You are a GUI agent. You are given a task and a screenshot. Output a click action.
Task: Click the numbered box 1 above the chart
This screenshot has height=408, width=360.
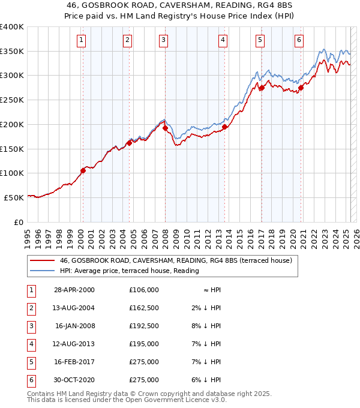coord(82,40)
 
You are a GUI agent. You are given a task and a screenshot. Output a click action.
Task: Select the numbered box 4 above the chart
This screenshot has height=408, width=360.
coord(223,40)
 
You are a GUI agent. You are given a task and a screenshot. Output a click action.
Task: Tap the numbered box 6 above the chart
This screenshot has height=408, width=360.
coord(299,40)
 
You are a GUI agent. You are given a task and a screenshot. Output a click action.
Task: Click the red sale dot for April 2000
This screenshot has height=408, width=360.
coord(83,170)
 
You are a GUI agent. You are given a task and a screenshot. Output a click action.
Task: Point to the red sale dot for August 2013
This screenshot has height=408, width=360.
coord(224,127)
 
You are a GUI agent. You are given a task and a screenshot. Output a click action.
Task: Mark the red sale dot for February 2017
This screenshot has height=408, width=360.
coord(262,88)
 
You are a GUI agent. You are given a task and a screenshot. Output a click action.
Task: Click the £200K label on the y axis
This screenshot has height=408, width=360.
coord(12,124)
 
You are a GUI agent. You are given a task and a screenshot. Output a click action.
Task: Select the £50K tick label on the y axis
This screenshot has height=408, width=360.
coord(14,197)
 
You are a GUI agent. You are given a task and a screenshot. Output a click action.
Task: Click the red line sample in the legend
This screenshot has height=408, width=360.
coord(42,261)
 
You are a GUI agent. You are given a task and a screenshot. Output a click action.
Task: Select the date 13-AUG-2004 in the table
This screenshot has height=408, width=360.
coord(74,309)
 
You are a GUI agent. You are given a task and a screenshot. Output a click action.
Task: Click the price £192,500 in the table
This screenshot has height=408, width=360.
coord(143,326)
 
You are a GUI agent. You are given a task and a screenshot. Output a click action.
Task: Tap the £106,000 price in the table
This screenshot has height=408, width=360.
coord(143,290)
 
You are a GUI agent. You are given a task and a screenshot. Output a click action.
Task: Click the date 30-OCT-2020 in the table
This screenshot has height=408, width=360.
coord(74,380)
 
